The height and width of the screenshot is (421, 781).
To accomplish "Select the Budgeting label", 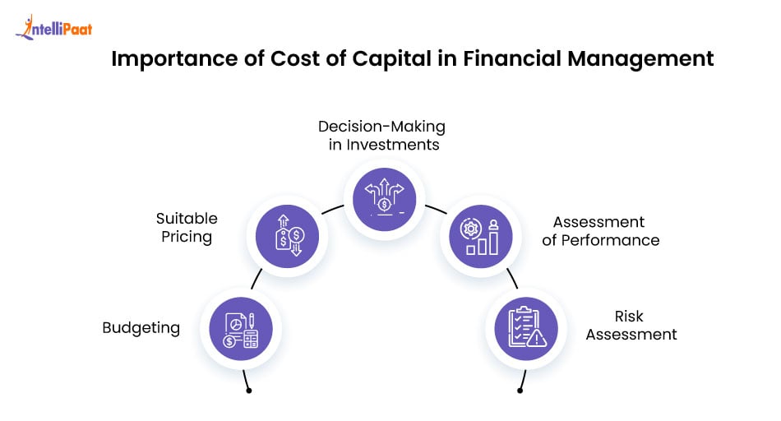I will [141, 328].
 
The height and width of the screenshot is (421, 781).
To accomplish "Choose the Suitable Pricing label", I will [187, 228].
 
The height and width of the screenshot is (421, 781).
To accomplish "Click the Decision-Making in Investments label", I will [381, 136].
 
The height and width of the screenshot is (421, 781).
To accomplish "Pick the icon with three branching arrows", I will [384, 197].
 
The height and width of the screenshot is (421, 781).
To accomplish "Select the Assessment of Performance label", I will [605, 231].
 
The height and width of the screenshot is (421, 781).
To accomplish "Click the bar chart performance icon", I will [481, 238].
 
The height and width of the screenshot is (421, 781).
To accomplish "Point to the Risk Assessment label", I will [628, 326].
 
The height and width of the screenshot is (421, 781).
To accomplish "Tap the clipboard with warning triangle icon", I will [526, 328].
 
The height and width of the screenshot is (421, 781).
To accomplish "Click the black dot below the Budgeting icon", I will [248, 391].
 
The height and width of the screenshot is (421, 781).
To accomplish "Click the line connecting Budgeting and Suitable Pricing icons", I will [256, 279].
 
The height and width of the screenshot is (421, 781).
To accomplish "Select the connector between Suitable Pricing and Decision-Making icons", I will [333, 210].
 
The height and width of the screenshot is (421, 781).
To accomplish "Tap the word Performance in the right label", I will [616, 240].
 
